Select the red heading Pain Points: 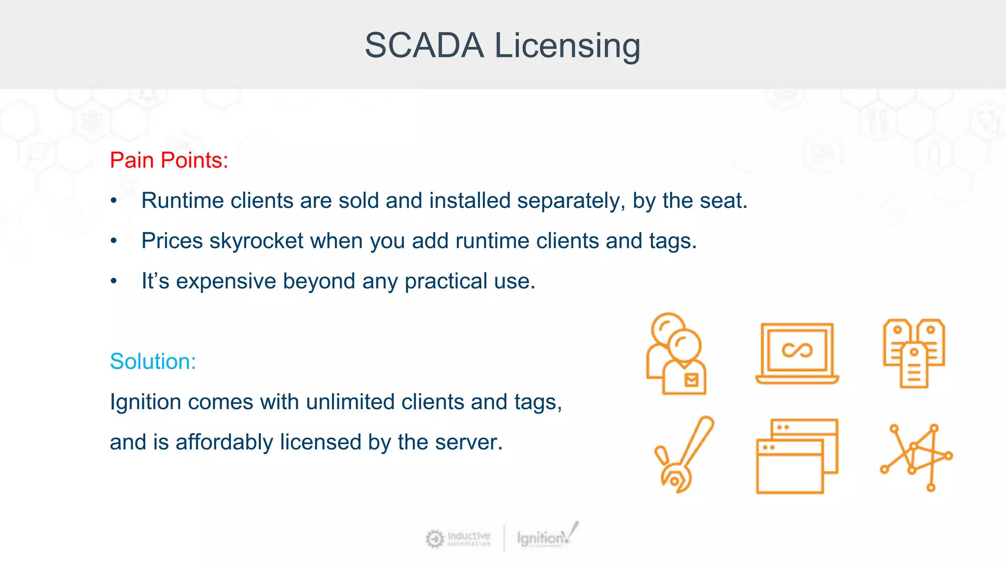(x=169, y=160)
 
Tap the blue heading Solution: (x=153, y=362)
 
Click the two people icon (x=677, y=354)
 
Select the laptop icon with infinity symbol (x=797, y=353)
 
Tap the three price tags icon (x=914, y=353)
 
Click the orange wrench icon (x=683, y=454)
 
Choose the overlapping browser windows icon (x=797, y=456)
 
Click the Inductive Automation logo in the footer (x=458, y=538)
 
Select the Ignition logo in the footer (x=547, y=537)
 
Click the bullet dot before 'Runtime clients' (x=114, y=201)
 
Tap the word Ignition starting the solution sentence (x=145, y=402)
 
